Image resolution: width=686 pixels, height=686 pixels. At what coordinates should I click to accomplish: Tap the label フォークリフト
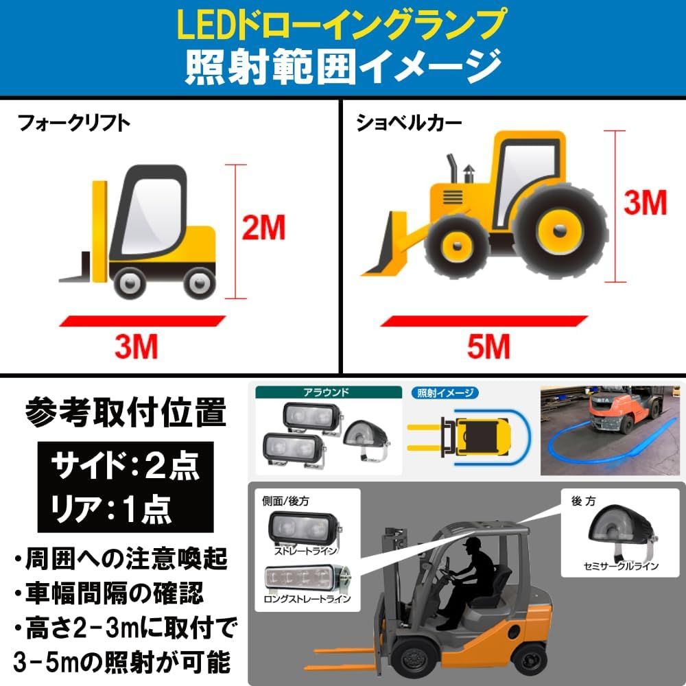click(x=74, y=124)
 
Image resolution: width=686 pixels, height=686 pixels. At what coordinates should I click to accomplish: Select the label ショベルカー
click(x=409, y=123)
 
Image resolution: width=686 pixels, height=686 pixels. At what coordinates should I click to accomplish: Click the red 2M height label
click(x=263, y=228)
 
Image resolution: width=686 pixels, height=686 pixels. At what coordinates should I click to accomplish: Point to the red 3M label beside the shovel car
click(x=645, y=202)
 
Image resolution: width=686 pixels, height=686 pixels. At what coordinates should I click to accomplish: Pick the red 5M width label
click(x=488, y=347)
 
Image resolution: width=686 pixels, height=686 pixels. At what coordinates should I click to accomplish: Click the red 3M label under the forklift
click(x=136, y=347)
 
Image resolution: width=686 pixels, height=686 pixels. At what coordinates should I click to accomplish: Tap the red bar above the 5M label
click(x=484, y=320)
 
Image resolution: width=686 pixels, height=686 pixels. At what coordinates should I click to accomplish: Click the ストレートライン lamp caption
click(x=306, y=550)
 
